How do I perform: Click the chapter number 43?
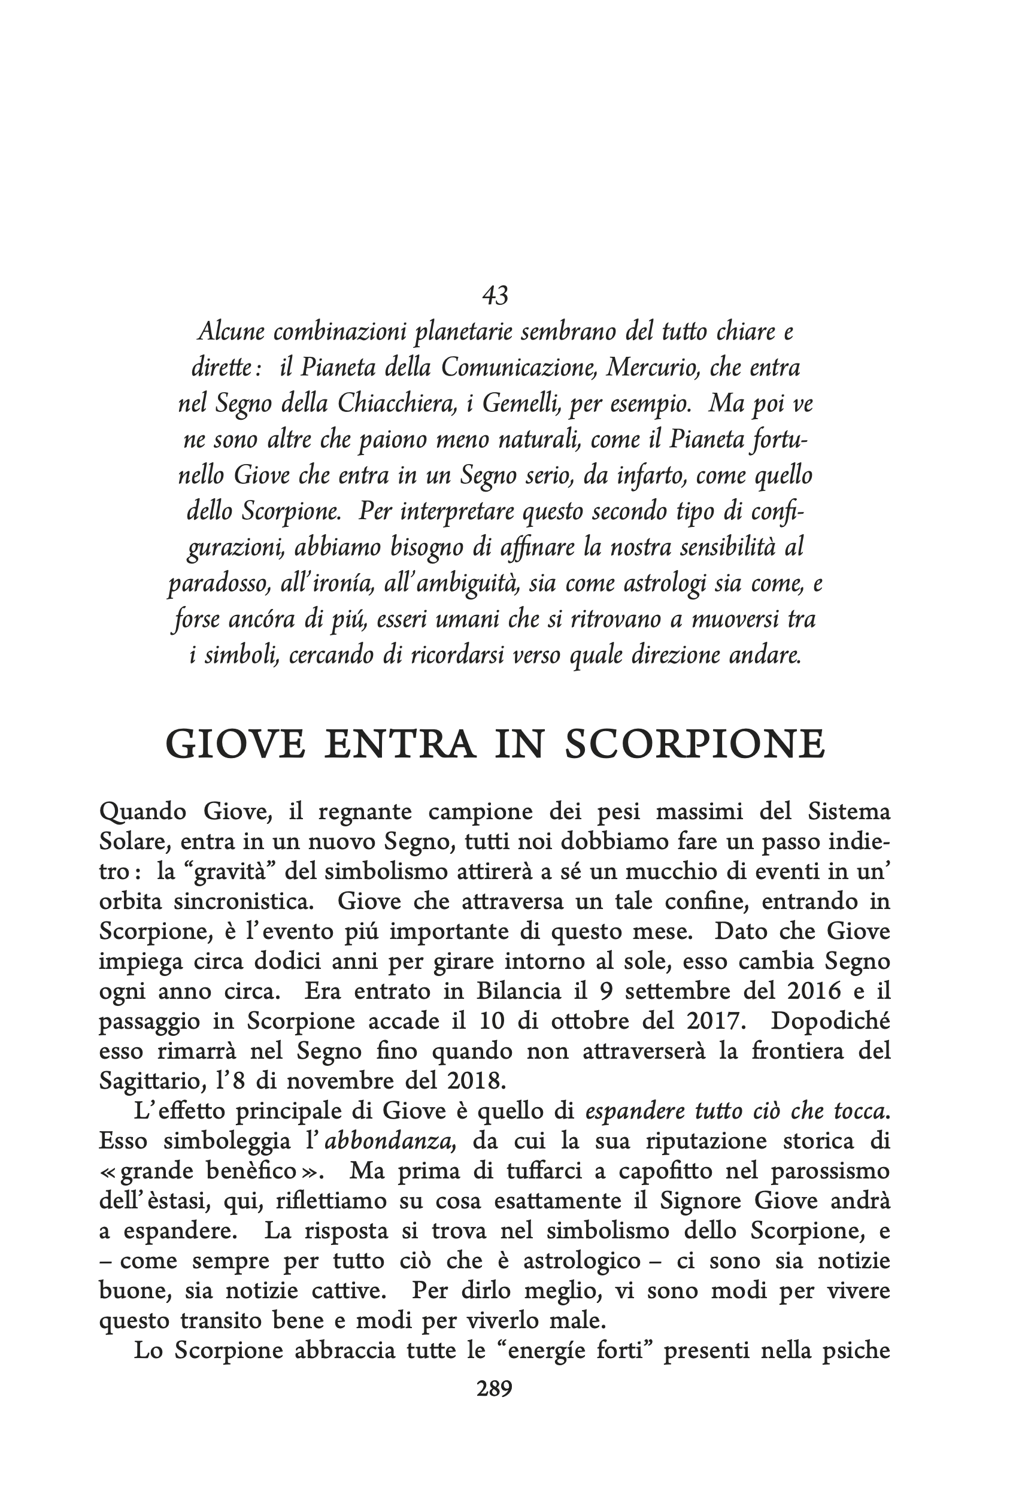[x=495, y=295]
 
